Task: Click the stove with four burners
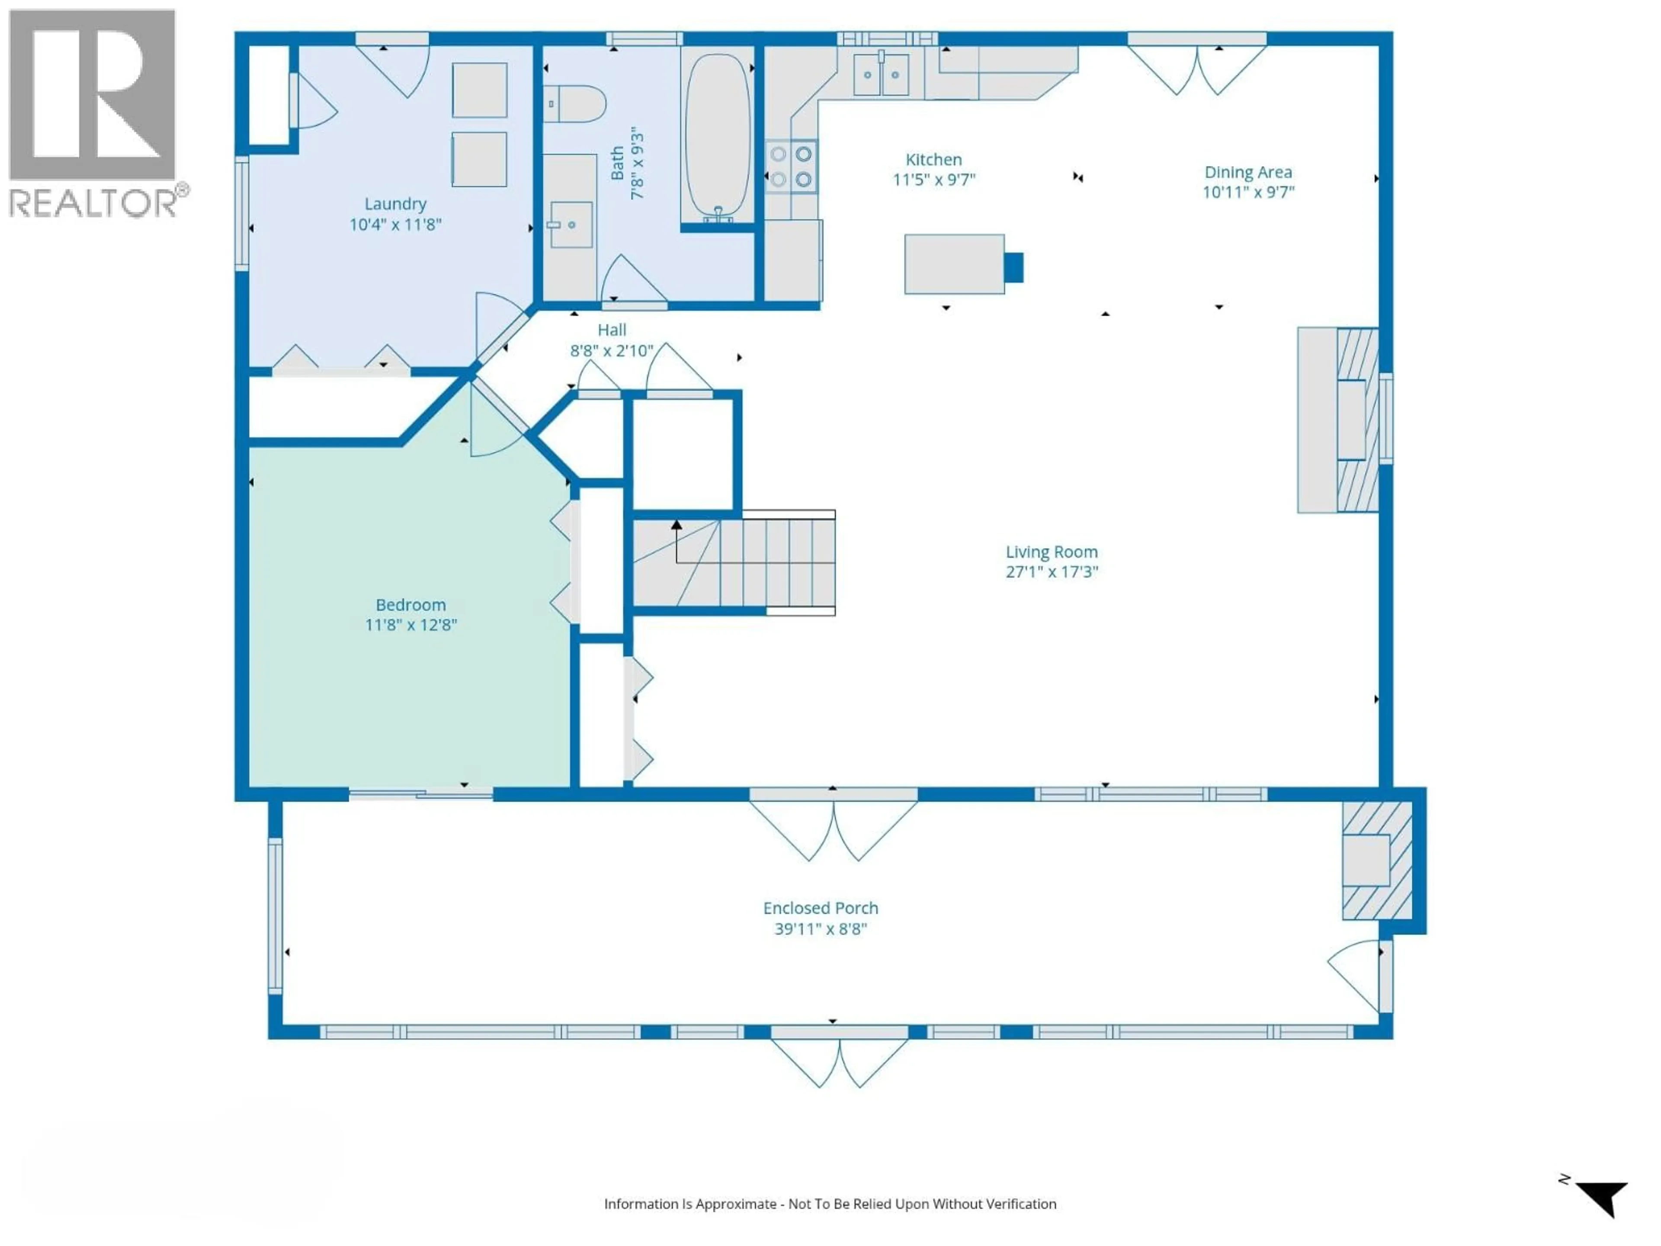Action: tap(792, 167)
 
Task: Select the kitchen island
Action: tap(954, 263)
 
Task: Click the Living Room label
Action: tap(1051, 552)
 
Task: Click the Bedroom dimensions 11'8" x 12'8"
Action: tap(411, 625)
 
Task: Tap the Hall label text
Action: tap(612, 330)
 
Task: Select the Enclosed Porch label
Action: tap(821, 908)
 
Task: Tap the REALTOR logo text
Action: tap(94, 203)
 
